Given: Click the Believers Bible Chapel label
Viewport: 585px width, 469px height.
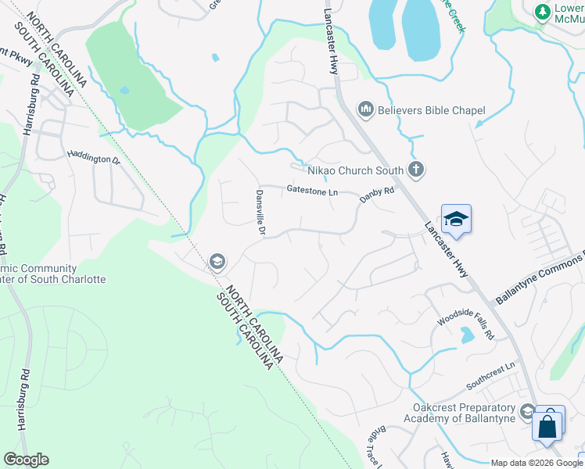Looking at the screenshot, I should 432,110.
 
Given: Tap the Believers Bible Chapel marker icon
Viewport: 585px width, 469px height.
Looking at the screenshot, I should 364,108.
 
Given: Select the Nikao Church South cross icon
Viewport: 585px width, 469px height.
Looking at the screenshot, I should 416,170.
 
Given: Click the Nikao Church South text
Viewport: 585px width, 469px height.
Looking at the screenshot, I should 355,170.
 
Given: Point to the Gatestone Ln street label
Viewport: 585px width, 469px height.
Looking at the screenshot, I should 311,190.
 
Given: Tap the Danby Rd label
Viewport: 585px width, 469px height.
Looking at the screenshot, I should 377,195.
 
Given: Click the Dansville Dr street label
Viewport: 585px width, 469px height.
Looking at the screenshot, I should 261,213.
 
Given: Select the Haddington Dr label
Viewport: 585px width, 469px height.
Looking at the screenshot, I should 93,159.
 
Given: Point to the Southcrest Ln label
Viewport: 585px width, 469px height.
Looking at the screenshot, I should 491,376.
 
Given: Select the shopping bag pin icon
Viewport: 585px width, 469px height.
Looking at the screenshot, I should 547,427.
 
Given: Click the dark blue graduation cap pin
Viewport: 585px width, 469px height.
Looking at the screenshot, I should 456,220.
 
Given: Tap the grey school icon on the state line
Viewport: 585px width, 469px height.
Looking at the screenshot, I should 217,262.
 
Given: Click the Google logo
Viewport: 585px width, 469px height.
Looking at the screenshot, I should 26,460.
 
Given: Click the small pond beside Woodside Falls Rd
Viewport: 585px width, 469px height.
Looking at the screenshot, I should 468,335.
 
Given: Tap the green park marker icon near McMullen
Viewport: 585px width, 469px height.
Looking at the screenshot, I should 540,12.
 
